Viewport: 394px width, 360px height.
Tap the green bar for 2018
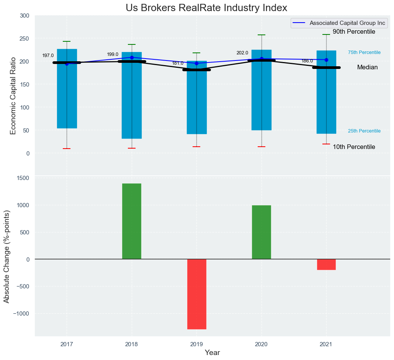pos(132,221)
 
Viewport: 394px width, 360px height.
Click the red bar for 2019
pos(197,294)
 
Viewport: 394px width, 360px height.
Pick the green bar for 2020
pos(262,232)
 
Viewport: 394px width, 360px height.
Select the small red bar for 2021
pos(326,264)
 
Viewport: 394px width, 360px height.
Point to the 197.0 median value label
pos(48,56)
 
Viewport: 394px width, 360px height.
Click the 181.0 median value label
pos(178,63)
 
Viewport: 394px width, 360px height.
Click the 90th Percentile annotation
pos(354,32)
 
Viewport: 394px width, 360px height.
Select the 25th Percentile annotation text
pos(364,131)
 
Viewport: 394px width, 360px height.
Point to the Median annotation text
pos(367,67)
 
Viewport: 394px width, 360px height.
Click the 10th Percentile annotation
pos(354,147)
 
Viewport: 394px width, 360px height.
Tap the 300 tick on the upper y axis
pos(25,16)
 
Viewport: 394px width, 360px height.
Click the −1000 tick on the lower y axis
pos(21,313)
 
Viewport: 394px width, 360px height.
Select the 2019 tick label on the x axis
pos(196,344)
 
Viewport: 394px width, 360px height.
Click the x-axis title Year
pos(212,353)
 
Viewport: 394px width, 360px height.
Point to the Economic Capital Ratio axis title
pos(13,96)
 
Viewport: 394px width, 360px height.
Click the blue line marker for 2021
pos(326,60)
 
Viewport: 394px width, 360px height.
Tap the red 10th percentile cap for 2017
pos(67,149)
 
